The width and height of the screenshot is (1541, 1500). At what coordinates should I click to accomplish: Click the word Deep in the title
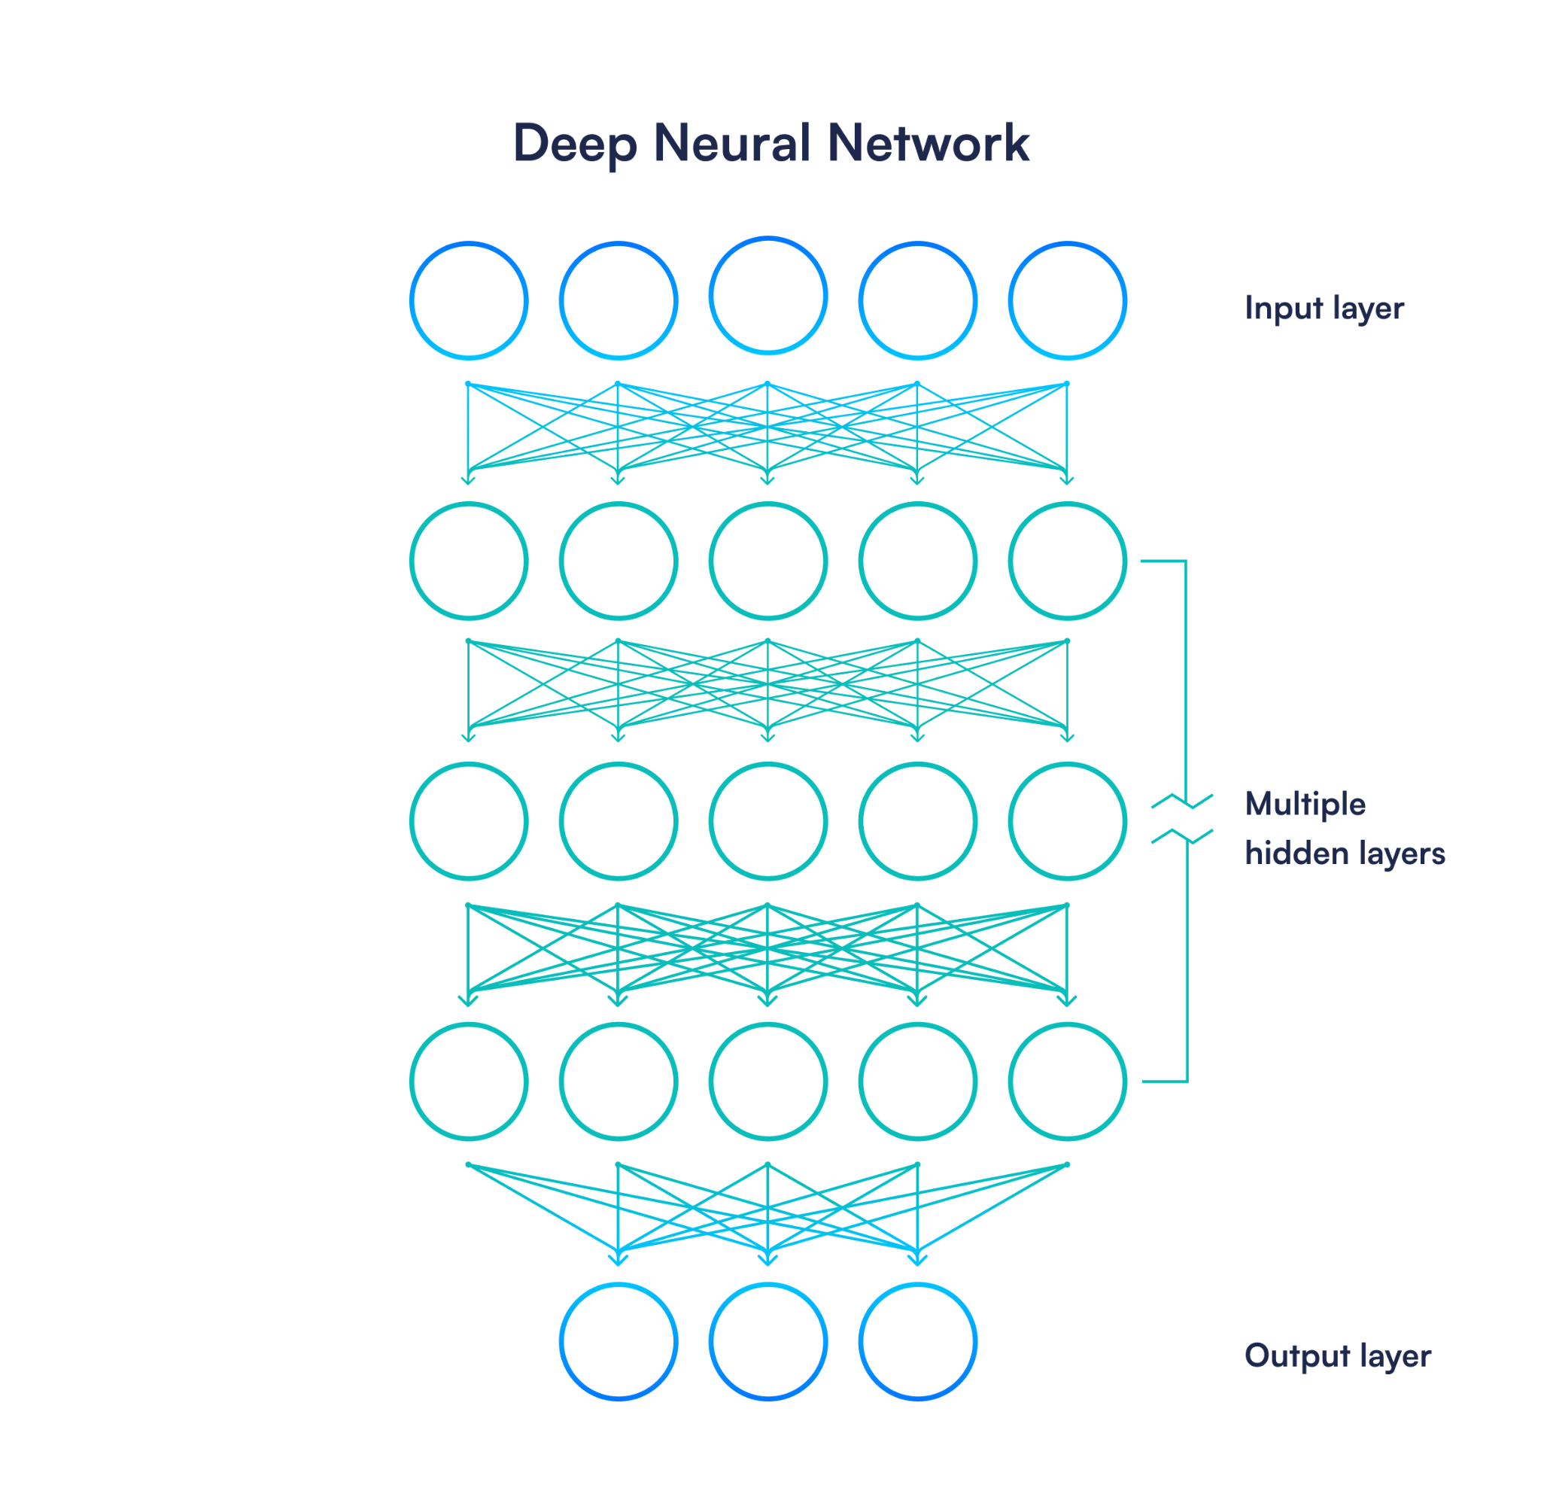[x=575, y=145]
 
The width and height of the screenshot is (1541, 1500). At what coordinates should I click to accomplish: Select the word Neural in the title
[x=731, y=145]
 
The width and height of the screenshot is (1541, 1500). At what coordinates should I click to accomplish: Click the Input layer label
[x=1324, y=308]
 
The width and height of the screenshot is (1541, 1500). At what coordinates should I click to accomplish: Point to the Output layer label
[x=1337, y=1355]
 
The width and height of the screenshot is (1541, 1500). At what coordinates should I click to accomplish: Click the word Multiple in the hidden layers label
[x=1305, y=805]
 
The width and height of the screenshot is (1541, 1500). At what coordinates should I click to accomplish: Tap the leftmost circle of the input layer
[x=469, y=301]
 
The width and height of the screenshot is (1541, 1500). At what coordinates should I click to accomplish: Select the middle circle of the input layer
[x=767, y=297]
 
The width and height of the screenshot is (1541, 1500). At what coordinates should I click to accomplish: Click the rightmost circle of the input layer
[x=1067, y=301]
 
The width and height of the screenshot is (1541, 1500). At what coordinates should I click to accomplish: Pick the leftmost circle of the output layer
[x=619, y=1342]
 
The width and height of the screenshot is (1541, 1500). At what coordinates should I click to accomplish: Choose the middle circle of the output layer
[x=767, y=1342]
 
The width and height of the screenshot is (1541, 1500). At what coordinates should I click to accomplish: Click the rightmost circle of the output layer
[x=917, y=1342]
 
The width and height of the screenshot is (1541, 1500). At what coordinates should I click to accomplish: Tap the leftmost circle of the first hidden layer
[x=469, y=561]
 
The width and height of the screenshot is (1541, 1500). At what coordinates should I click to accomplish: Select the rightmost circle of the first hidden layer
[x=1067, y=561]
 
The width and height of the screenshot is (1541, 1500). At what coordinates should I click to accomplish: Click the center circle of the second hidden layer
[x=767, y=821]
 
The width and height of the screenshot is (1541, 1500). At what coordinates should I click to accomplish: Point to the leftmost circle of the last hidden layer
[x=469, y=1082]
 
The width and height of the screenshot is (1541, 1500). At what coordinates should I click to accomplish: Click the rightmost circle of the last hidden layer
[x=1067, y=1082]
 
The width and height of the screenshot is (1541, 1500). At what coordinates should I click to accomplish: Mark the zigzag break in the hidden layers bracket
[x=1182, y=820]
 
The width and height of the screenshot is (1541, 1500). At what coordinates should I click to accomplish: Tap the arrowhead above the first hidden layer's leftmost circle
[x=469, y=479]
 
